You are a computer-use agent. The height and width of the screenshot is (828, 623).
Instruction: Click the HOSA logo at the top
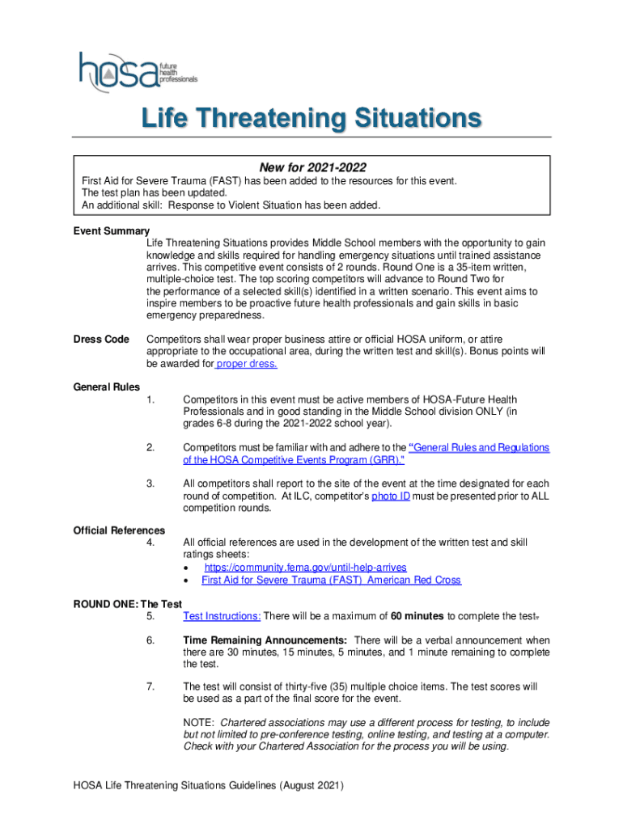[x=138, y=69]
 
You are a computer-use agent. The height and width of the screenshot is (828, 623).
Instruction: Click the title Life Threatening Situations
[x=311, y=119]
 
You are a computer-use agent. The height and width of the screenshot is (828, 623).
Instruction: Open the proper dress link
[x=247, y=364]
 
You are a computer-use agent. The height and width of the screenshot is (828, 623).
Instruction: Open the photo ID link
[x=390, y=496]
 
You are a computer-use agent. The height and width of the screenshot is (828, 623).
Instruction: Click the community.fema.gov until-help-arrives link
[x=304, y=568]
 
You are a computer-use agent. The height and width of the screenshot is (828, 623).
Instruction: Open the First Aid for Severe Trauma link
[x=331, y=580]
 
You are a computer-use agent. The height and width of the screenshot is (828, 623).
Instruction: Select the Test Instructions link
[x=222, y=616]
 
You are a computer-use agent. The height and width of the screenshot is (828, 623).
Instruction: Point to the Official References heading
[x=119, y=530]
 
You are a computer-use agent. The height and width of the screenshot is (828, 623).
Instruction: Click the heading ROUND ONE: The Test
[x=128, y=603]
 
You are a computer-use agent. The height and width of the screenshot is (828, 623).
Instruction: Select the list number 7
[x=150, y=686]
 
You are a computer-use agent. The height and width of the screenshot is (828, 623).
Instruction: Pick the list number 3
[x=150, y=484]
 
